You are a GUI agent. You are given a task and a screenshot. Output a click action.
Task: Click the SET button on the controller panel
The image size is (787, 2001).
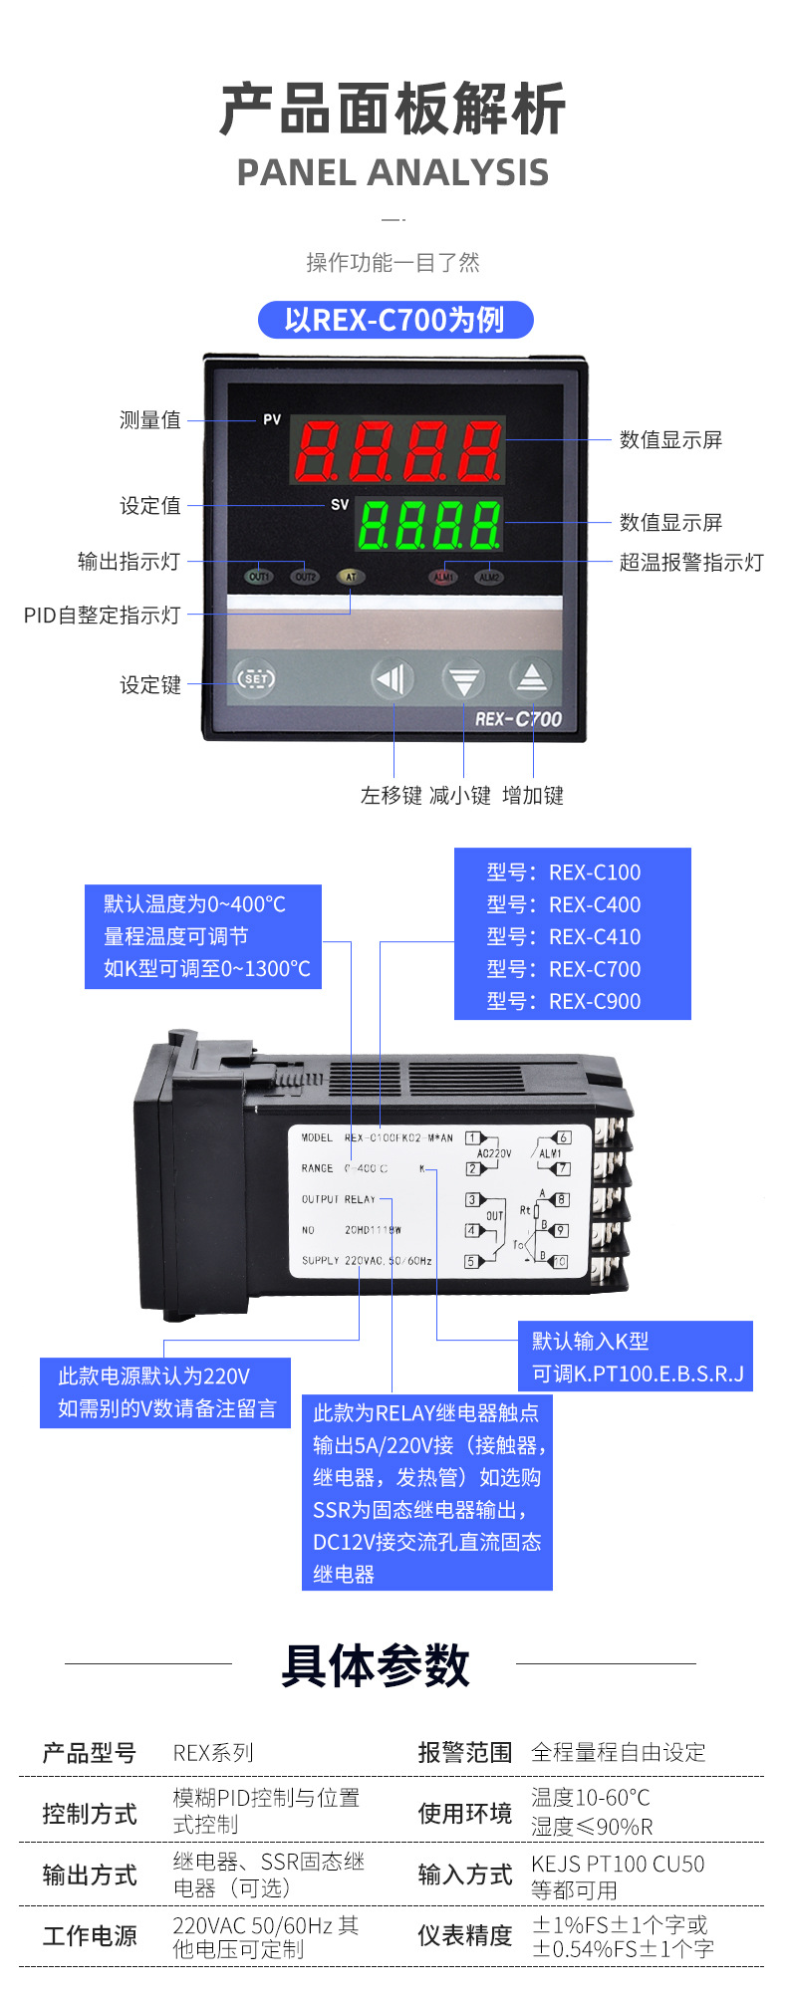pos(255,679)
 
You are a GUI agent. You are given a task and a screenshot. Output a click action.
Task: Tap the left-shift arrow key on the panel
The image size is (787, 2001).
pos(393,679)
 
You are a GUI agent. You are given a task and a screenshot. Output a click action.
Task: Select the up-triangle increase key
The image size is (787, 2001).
pos(531,679)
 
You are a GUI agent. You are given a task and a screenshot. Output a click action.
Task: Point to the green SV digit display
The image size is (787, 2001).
pos(429,524)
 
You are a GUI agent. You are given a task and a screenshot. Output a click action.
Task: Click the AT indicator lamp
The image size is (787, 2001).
pos(350,577)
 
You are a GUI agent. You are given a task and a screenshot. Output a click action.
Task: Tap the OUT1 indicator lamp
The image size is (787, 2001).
pos(259,577)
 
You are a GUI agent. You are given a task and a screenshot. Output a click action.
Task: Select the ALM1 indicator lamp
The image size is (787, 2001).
pos(443,577)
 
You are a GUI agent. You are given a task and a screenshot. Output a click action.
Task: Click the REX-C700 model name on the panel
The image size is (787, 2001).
pos(518,719)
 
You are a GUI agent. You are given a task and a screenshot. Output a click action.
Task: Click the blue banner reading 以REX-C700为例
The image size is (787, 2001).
pos(395,320)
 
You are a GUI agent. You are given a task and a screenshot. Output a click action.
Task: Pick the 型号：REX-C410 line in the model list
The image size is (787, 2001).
pos(564,936)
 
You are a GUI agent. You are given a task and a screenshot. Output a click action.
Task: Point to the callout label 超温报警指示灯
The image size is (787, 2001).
pos(691,562)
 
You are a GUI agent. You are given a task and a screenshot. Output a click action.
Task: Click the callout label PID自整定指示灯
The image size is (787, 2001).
pos(103,615)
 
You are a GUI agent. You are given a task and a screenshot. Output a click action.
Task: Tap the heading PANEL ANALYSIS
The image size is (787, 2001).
pos(393,172)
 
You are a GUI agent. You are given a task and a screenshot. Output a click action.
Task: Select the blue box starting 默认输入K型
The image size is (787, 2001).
pos(637,1357)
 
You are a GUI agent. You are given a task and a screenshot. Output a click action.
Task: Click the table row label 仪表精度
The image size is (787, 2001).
pos(464,1935)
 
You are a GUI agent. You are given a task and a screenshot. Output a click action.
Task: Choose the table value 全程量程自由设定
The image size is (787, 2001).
pos(618,1752)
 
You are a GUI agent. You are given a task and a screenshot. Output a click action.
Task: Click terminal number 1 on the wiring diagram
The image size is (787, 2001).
pos(473,1138)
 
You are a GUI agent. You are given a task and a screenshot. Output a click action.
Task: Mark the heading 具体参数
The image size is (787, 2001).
pos(375,1665)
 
